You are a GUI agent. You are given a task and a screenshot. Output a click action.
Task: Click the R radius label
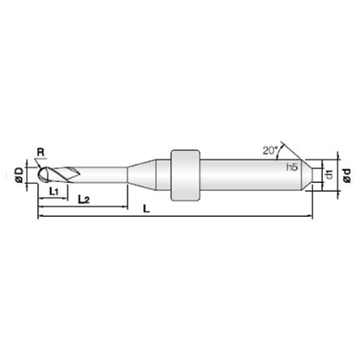click(x=41, y=152)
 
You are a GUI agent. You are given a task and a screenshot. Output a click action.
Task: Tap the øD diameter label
click(x=19, y=175)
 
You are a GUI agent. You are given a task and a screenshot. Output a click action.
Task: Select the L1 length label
click(x=54, y=191)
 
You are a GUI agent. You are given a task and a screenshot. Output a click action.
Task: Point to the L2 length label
click(x=84, y=200)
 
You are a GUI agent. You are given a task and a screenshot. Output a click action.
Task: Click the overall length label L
click(x=147, y=209)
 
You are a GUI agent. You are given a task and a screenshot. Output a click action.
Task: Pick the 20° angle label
click(x=270, y=150)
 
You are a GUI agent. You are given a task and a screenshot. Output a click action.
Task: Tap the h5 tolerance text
click(x=292, y=167)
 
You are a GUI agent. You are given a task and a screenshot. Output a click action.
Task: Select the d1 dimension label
click(x=330, y=174)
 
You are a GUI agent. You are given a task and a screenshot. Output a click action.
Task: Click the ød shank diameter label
click(x=347, y=175)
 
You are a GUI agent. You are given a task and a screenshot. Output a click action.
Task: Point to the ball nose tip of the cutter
click(x=39, y=174)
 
